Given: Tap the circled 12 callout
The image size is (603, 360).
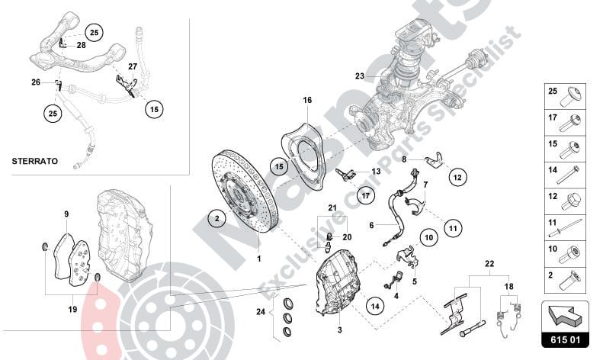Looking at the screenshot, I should (x=457, y=177).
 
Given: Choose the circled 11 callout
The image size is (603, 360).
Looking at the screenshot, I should (x=452, y=227).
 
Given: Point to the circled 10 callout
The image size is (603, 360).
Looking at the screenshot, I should (x=428, y=238).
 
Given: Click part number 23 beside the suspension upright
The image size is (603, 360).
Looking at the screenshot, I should (x=360, y=76).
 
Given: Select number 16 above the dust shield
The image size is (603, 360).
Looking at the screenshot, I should (x=307, y=100).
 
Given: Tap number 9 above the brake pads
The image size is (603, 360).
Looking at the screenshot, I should (x=66, y=214).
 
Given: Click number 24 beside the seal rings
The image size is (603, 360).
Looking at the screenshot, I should (x=261, y=311).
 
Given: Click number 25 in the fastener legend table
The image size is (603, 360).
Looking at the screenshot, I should (x=553, y=91).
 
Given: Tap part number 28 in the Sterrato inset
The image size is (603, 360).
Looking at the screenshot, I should (x=82, y=45).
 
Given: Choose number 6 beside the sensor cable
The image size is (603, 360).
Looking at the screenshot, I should (x=371, y=225).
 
